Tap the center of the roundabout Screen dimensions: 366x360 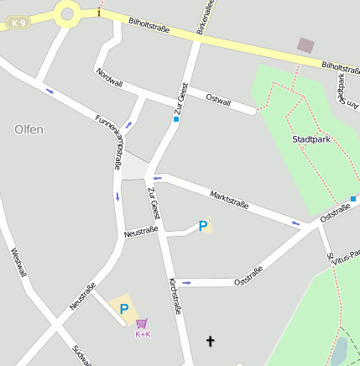coord(66,12)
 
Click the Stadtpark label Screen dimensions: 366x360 coord(310,139)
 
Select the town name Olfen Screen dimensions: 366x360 coord(29,129)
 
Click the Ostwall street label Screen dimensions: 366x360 coord(218,99)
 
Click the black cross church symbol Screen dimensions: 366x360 coord(210,341)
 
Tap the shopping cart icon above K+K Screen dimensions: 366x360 coord(143,323)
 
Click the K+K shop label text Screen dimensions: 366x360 coord(143,334)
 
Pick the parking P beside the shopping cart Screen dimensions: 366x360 coord(124,309)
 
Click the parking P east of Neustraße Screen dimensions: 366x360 coord(202,226)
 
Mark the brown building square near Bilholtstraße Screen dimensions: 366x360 coord(306,45)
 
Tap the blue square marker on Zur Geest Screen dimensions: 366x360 coord(176,119)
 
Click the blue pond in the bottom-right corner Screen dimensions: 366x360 coord(340,351)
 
